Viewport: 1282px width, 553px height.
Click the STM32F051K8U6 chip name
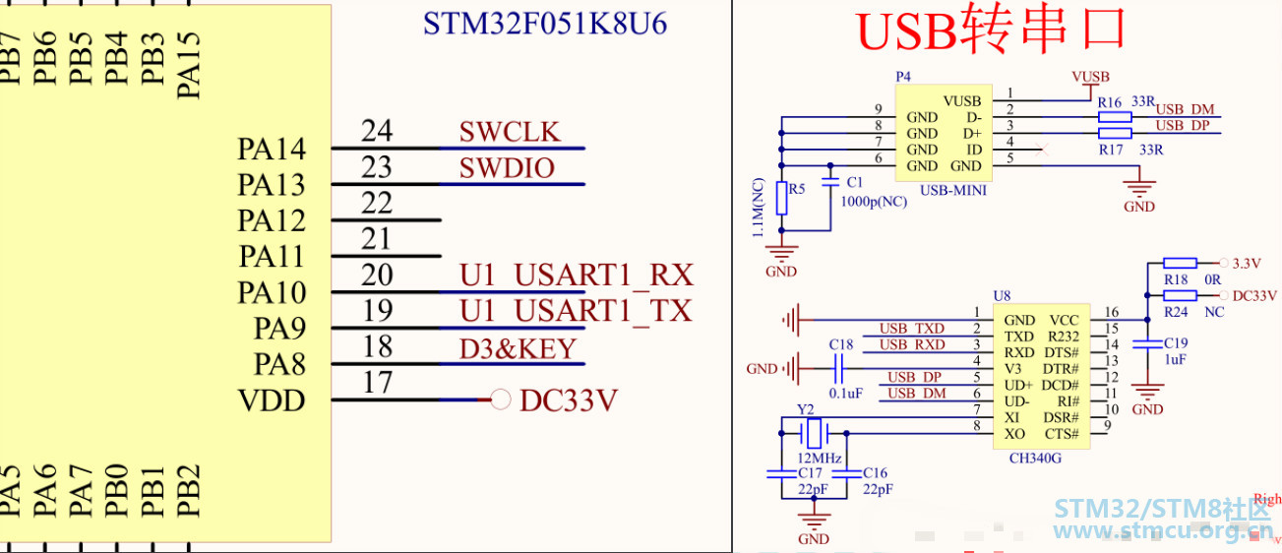click(x=545, y=24)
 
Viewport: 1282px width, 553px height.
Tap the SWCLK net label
click(x=509, y=132)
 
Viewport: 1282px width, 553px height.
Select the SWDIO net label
click(x=507, y=168)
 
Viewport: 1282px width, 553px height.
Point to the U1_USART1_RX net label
click(x=576, y=276)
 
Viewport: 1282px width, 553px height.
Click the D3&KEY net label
click(x=518, y=348)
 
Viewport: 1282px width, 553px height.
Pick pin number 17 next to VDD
click(x=377, y=383)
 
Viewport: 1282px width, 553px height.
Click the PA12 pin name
click(x=272, y=220)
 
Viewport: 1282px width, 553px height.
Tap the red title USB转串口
click(x=990, y=31)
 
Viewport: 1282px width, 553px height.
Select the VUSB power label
click(x=1090, y=77)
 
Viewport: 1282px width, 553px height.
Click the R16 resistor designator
click(x=1110, y=102)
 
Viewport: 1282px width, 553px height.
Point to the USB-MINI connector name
click(x=952, y=191)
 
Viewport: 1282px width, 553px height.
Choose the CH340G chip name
click(x=1035, y=458)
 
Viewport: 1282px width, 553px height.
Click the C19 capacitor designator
click(x=1176, y=343)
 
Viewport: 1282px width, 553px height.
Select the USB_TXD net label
click(x=912, y=329)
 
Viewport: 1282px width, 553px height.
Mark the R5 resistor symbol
click(x=782, y=198)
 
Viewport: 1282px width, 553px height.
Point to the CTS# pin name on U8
click(x=1061, y=434)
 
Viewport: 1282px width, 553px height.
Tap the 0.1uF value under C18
click(x=846, y=393)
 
